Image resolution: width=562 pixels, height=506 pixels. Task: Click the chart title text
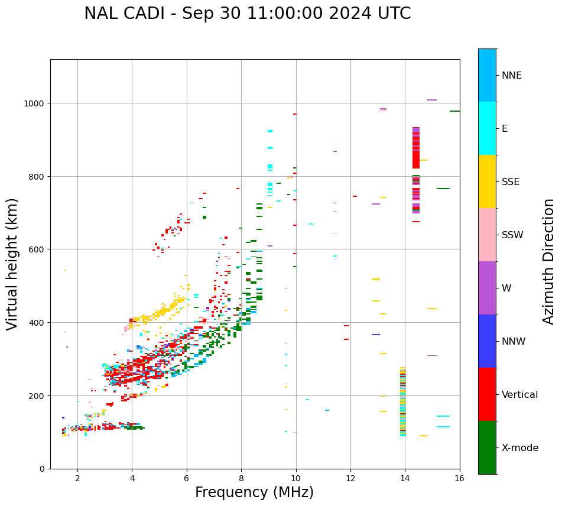247,14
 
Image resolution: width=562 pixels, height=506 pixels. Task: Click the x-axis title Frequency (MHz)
254,492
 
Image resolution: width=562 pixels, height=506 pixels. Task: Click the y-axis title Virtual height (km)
12,264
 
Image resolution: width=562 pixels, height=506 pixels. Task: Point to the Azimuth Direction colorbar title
549,261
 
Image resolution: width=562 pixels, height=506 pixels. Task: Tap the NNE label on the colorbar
512,75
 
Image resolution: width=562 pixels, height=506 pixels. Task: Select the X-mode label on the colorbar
520,448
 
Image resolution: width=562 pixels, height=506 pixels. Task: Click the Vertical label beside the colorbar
520,395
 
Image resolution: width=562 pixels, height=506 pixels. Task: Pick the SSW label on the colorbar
512,235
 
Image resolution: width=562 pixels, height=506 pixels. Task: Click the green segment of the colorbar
487,447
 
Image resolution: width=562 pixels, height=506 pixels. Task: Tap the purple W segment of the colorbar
487,288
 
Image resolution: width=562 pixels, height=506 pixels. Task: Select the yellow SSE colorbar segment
487,181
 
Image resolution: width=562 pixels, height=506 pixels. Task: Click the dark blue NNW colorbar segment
487,341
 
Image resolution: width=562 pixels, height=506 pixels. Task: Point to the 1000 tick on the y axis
35,103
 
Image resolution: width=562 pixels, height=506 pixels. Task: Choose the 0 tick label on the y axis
42,469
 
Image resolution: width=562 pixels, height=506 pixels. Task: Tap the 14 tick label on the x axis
405,479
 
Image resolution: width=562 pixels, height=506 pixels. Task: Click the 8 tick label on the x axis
241,479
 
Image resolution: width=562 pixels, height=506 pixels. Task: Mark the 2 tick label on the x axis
77,479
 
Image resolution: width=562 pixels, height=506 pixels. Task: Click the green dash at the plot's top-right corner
454,111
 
